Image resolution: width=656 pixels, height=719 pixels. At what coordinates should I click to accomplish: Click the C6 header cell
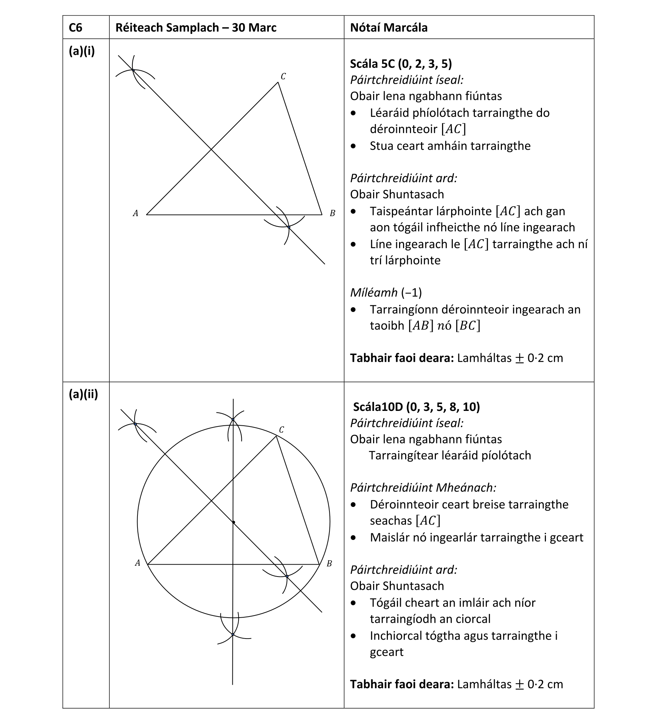(x=75, y=28)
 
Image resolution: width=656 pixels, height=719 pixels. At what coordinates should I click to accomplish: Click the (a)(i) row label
(x=82, y=51)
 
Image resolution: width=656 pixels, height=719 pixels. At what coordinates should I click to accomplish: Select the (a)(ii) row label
(x=83, y=394)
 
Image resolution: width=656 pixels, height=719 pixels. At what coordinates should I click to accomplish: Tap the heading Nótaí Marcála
(x=389, y=28)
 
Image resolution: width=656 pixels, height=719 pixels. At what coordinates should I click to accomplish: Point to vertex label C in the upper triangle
(x=283, y=76)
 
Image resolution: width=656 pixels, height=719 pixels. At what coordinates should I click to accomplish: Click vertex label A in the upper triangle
(x=135, y=214)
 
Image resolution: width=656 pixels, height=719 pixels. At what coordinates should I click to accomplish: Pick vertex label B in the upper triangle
(x=332, y=214)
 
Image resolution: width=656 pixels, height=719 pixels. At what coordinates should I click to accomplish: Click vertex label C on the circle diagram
(x=281, y=430)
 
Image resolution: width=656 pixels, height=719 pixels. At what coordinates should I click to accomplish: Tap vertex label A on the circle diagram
(x=137, y=563)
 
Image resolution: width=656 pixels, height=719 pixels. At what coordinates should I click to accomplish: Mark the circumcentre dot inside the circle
(x=233, y=522)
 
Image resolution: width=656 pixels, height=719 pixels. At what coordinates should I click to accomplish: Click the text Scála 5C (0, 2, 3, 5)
(x=401, y=64)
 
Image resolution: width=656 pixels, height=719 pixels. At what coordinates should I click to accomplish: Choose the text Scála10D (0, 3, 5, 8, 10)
(x=416, y=407)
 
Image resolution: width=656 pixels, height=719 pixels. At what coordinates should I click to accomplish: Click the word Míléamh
(x=374, y=293)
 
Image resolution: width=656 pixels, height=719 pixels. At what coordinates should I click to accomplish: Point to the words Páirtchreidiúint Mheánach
(x=423, y=488)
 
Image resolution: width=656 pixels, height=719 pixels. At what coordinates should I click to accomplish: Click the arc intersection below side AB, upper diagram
(x=289, y=227)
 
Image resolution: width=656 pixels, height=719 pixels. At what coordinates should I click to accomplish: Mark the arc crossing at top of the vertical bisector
(x=233, y=419)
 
